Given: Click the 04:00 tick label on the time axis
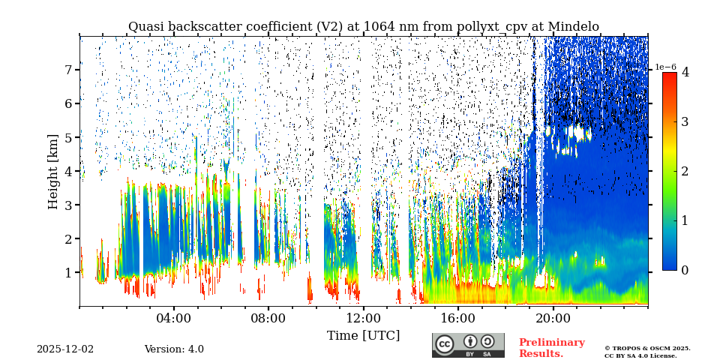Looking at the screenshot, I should [x=173, y=318].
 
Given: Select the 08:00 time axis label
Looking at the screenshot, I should [x=268, y=318].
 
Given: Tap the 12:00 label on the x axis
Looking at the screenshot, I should [x=363, y=318].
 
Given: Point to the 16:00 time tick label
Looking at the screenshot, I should [x=457, y=318].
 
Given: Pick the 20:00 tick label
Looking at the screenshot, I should [x=553, y=318].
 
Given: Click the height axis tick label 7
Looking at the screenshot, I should [x=67, y=70].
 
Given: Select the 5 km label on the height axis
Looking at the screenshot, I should [x=67, y=137].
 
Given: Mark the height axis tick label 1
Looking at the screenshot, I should [x=67, y=273].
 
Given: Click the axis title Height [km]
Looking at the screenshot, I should [x=52, y=171].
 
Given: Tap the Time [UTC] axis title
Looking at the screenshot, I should [x=363, y=335].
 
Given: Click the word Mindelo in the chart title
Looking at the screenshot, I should [x=573, y=27].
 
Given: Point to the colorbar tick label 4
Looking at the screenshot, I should [x=685, y=73].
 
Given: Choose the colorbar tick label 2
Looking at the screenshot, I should [x=685, y=171].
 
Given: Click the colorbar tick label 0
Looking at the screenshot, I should [x=685, y=270].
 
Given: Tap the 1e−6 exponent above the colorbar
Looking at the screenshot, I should [x=666, y=67].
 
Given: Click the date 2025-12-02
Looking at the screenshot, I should [x=65, y=349].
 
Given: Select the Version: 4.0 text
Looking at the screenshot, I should [x=174, y=349].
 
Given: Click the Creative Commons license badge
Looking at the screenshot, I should [x=468, y=345].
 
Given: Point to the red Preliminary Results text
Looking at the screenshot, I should [x=551, y=348].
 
